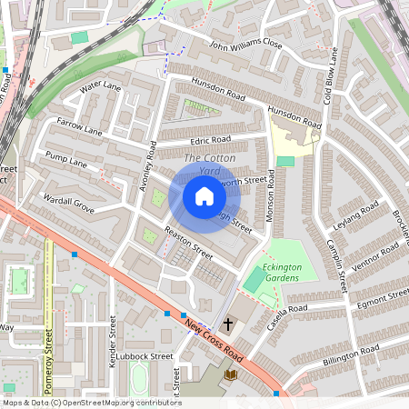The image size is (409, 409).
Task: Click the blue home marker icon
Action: [x=204, y=196]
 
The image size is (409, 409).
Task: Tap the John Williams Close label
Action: [x=246, y=45]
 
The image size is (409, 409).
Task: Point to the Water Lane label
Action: [x=100, y=87]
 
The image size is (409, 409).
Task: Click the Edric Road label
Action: [x=211, y=141]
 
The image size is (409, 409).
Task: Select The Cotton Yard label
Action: [x=208, y=165]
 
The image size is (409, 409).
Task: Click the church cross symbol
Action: [x=229, y=324]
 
